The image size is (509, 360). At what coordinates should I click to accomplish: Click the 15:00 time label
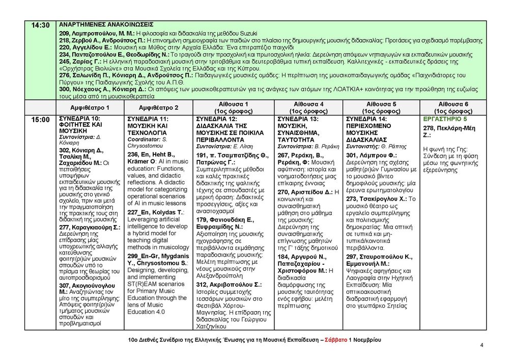coord(40,120)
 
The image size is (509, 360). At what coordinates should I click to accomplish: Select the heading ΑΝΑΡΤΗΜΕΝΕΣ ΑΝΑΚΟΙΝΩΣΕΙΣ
coord(106,24)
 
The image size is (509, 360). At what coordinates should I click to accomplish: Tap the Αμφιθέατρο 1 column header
coord(90,108)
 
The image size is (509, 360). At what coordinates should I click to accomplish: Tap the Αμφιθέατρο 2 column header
coord(158,108)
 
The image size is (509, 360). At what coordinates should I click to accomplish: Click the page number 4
coord(482,345)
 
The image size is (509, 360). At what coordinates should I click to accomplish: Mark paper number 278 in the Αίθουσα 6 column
coord(429,128)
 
